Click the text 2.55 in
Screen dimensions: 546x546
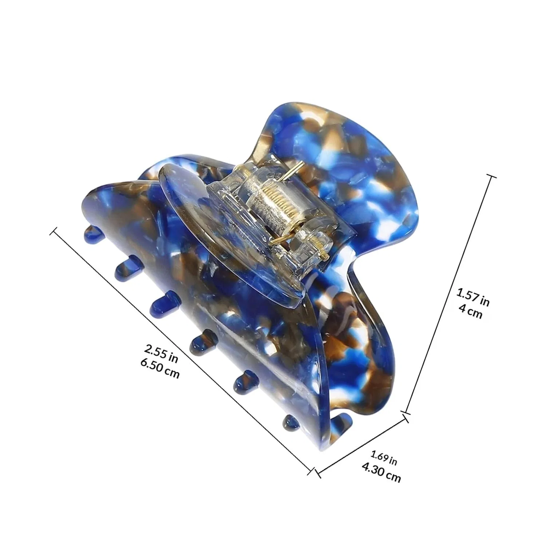point(161,353)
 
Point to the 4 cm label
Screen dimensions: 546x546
point(470,311)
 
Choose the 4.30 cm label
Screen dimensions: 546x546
point(381,472)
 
